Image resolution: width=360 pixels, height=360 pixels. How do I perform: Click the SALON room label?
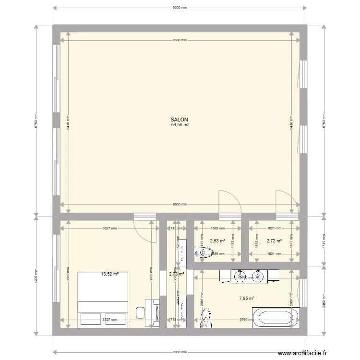[x=180, y=120]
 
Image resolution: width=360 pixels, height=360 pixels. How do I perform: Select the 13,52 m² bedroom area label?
[x=109, y=275]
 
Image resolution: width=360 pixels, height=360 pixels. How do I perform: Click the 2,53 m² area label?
[x=217, y=241]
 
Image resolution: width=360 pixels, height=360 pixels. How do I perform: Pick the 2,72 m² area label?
[x=274, y=241]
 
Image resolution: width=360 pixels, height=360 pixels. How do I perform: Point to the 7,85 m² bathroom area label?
[x=247, y=298]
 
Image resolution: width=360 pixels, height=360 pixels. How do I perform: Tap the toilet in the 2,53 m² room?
[x=197, y=253]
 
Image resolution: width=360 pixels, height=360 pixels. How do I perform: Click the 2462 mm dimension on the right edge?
[x=324, y=300]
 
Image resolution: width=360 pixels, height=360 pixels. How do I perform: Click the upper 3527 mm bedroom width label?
[x=109, y=229]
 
